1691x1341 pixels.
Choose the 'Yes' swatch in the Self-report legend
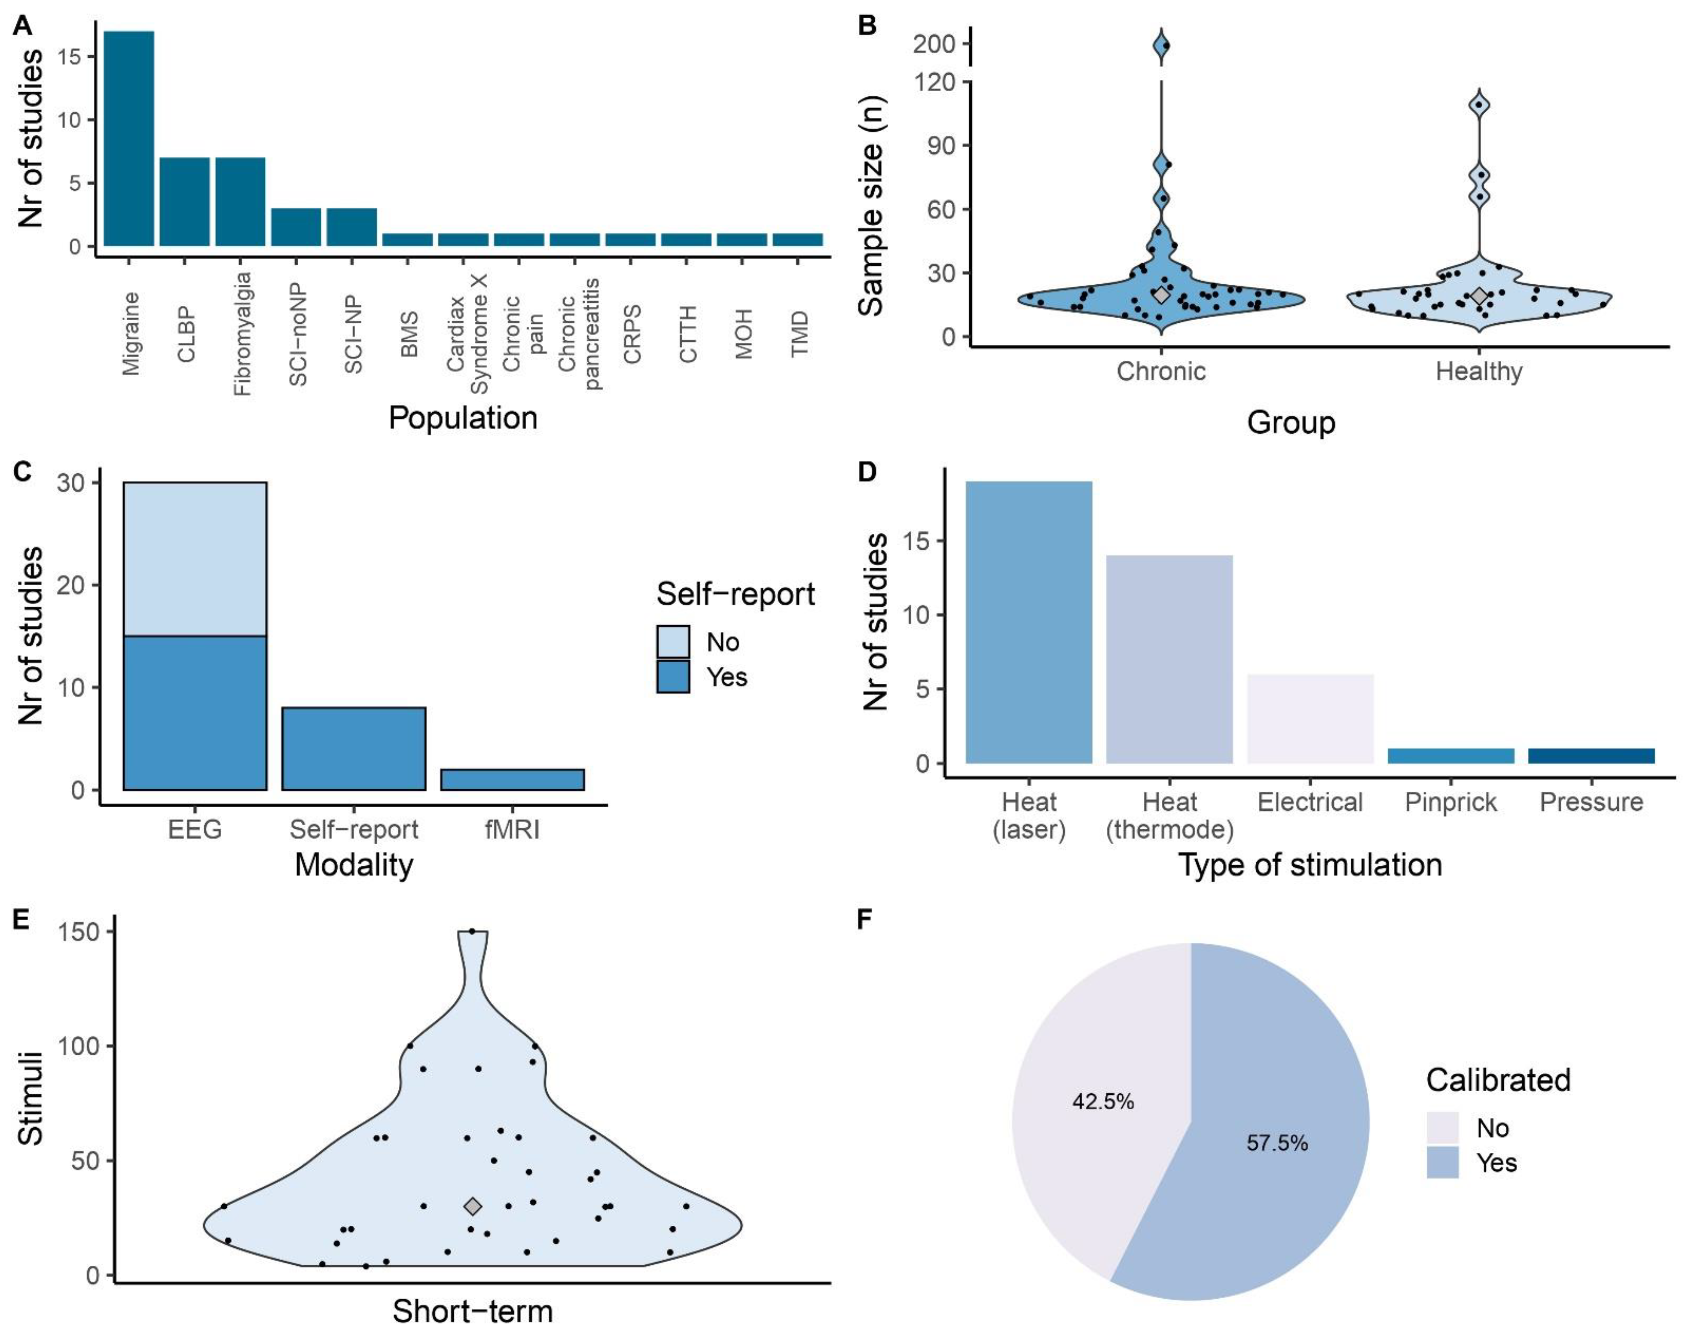[673, 676]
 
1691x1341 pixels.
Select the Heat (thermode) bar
[1170, 659]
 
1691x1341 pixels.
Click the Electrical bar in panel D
[1310, 718]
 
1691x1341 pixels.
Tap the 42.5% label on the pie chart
[1103, 1102]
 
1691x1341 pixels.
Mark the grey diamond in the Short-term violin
[472, 1206]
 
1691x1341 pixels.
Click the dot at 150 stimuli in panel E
[471, 932]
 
